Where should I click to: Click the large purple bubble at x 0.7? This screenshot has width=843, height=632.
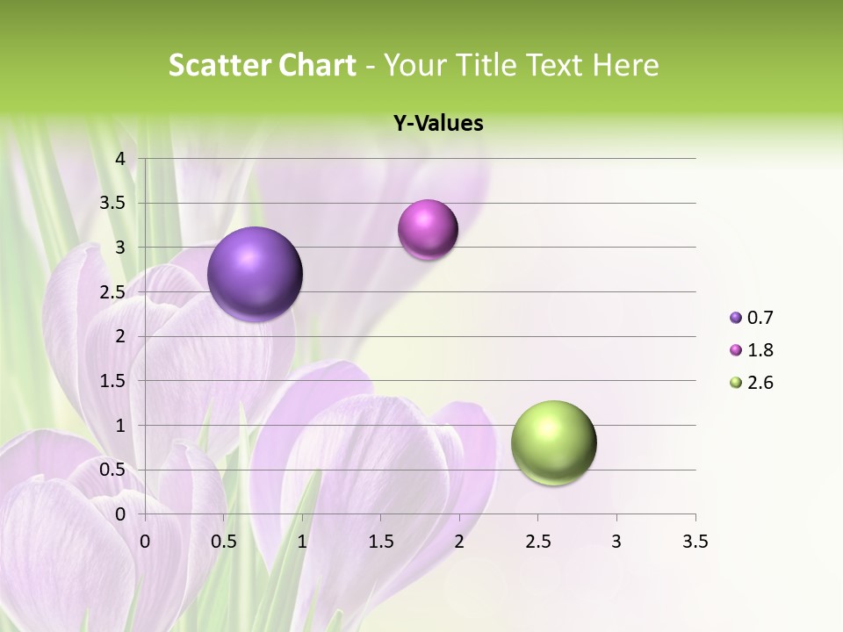pyautogui.click(x=256, y=274)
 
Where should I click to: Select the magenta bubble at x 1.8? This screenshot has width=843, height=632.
pyautogui.click(x=428, y=230)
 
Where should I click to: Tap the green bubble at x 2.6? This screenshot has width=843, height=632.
pyautogui.click(x=553, y=442)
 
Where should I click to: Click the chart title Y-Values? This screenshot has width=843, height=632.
pyautogui.click(x=438, y=124)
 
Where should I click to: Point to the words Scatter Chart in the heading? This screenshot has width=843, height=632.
pyautogui.click(x=262, y=65)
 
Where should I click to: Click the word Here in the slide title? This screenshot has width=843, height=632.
pyautogui.click(x=625, y=65)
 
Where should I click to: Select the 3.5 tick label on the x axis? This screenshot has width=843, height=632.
pyautogui.click(x=695, y=542)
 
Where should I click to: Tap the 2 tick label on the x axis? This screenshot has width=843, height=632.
pyautogui.click(x=459, y=542)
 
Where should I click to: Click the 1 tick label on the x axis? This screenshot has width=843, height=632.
pyautogui.click(x=302, y=542)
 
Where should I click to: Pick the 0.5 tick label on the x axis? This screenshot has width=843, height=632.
pyautogui.click(x=224, y=542)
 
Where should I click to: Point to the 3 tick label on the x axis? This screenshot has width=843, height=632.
pyautogui.click(x=616, y=542)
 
